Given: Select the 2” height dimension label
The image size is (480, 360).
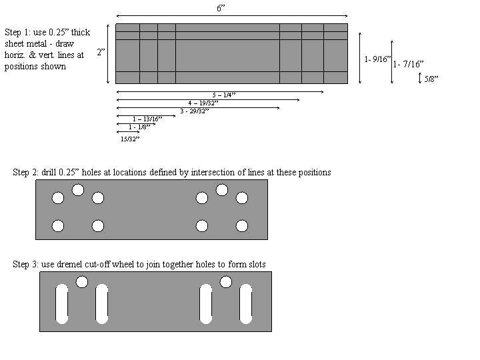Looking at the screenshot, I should (100, 53).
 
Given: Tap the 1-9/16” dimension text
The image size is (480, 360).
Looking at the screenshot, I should (377, 59).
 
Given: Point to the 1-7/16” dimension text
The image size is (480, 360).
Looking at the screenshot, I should (408, 65).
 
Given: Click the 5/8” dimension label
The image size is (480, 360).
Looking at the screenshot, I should (431, 79).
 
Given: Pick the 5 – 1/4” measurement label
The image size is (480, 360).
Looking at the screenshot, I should (224, 95).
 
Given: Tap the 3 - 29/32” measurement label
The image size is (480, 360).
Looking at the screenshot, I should (194, 111).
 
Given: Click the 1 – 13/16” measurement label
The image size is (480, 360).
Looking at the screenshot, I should (146, 119).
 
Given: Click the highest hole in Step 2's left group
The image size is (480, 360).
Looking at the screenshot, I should (78, 190).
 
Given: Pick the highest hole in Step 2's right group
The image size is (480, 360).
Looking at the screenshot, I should (222, 190).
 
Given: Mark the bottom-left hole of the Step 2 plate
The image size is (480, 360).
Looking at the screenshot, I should (58, 226).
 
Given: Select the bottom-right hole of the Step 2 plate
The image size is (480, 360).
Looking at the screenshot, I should (242, 226).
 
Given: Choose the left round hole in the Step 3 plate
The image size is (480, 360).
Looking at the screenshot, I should (82, 282).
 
